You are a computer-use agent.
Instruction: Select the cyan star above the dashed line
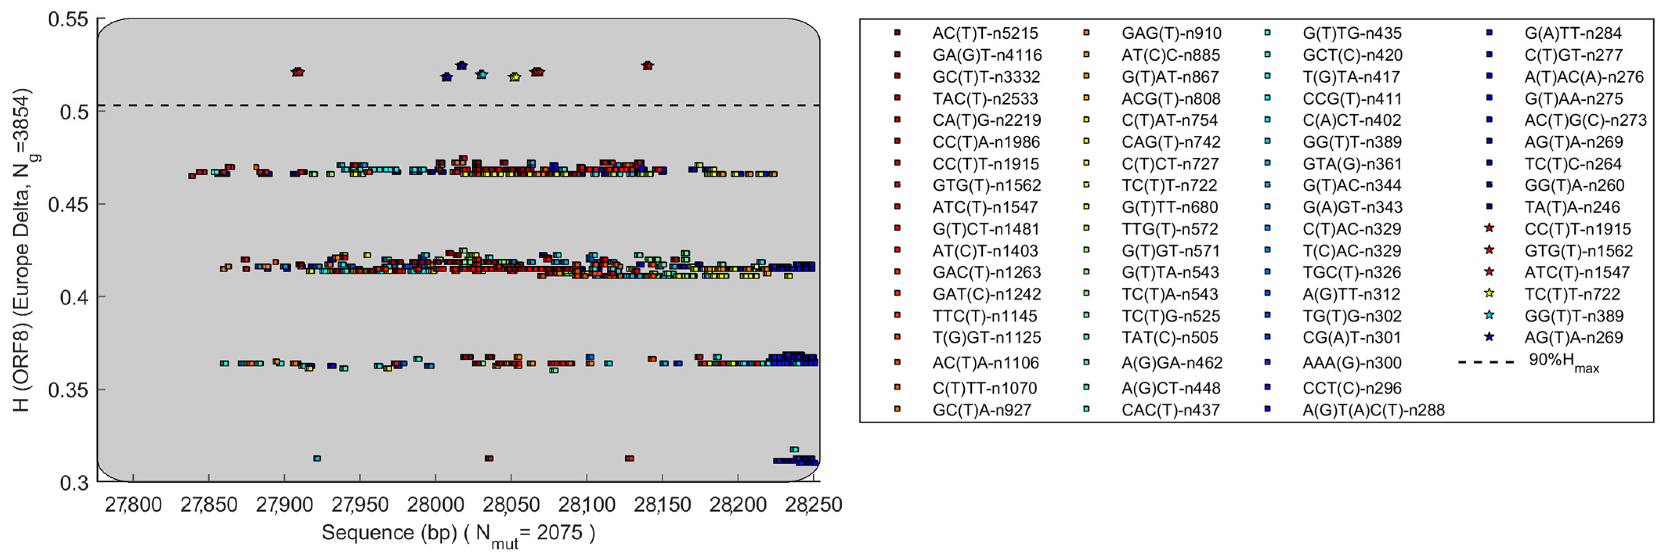[482, 75]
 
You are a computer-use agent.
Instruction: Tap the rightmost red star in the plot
[648, 66]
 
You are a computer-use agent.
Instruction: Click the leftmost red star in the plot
[297, 72]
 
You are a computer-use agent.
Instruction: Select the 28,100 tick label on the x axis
[586, 504]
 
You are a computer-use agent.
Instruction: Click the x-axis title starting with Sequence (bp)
[458, 533]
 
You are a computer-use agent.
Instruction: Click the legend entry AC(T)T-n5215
[985, 33]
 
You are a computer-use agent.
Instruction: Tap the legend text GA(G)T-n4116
[987, 55]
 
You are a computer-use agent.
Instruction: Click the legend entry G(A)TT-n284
[1572, 33]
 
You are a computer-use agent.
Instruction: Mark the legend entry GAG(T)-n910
[1171, 33]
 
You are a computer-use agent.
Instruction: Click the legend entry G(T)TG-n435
[1352, 33]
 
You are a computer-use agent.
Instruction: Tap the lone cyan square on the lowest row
[317, 459]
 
